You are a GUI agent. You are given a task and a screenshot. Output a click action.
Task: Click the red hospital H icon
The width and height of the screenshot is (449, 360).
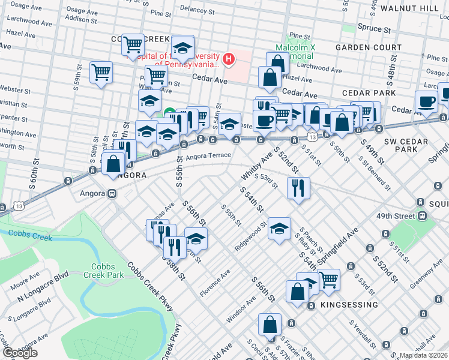pos(228,58)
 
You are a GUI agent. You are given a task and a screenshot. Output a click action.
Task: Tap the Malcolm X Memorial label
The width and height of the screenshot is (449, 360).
pos(295,52)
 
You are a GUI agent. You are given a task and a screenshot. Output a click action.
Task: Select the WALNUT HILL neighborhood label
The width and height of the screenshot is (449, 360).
pos(421,8)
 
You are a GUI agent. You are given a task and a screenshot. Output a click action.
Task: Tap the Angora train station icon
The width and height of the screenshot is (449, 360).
pos(112,194)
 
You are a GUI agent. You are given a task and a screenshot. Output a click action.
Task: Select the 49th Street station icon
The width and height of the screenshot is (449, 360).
pos(422,215)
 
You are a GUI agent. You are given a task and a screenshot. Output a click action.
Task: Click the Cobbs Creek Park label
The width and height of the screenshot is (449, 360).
pos(107,271)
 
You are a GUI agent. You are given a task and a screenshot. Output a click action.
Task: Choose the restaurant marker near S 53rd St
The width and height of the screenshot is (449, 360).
pos(298,188)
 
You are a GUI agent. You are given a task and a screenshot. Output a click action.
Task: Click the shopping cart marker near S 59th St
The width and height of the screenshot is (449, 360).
pos(101,73)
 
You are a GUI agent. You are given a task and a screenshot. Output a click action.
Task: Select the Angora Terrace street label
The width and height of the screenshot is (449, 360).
pos(207,157)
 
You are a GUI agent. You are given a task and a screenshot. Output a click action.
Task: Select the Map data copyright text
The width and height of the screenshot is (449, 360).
pos(424,355)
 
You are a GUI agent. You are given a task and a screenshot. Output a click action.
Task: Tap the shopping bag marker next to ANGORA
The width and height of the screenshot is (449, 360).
pos(113,164)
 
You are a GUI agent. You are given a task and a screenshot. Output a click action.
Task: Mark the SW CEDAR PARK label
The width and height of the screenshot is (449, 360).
pos(400,144)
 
